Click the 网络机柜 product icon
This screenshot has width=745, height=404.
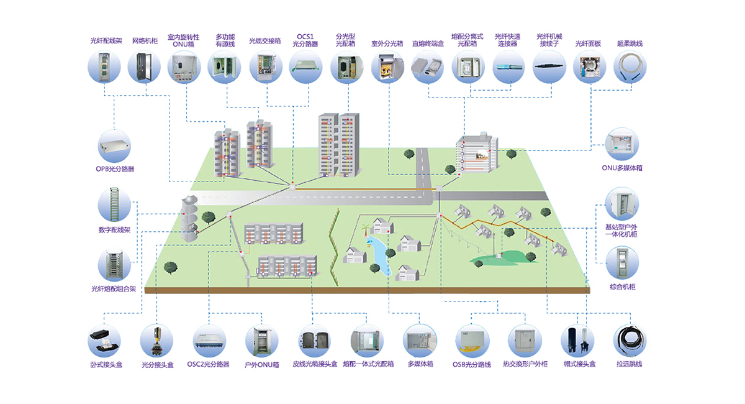coord(144,67)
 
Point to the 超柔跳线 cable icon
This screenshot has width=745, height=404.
coord(630,67)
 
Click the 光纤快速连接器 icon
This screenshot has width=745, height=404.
coord(508,67)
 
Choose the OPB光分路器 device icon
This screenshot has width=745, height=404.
coord(115,146)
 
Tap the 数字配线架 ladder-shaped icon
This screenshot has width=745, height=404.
coord(115,205)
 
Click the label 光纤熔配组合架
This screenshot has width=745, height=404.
coord(113,289)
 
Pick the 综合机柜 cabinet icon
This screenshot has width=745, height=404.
coord(621,262)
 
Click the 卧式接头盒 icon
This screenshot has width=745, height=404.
coord(104,340)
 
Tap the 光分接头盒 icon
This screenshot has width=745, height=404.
coord(157,340)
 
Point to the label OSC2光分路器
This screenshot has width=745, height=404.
coord(209,364)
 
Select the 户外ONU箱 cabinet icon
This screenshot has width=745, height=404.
coord(262,340)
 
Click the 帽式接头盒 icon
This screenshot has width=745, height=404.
coord(578,340)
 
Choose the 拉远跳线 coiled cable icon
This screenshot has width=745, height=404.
coord(630,340)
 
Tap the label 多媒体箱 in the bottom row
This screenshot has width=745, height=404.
coord(420,364)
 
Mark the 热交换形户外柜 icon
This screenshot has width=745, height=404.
coord(525,340)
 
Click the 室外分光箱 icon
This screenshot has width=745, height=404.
coord(387,67)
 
